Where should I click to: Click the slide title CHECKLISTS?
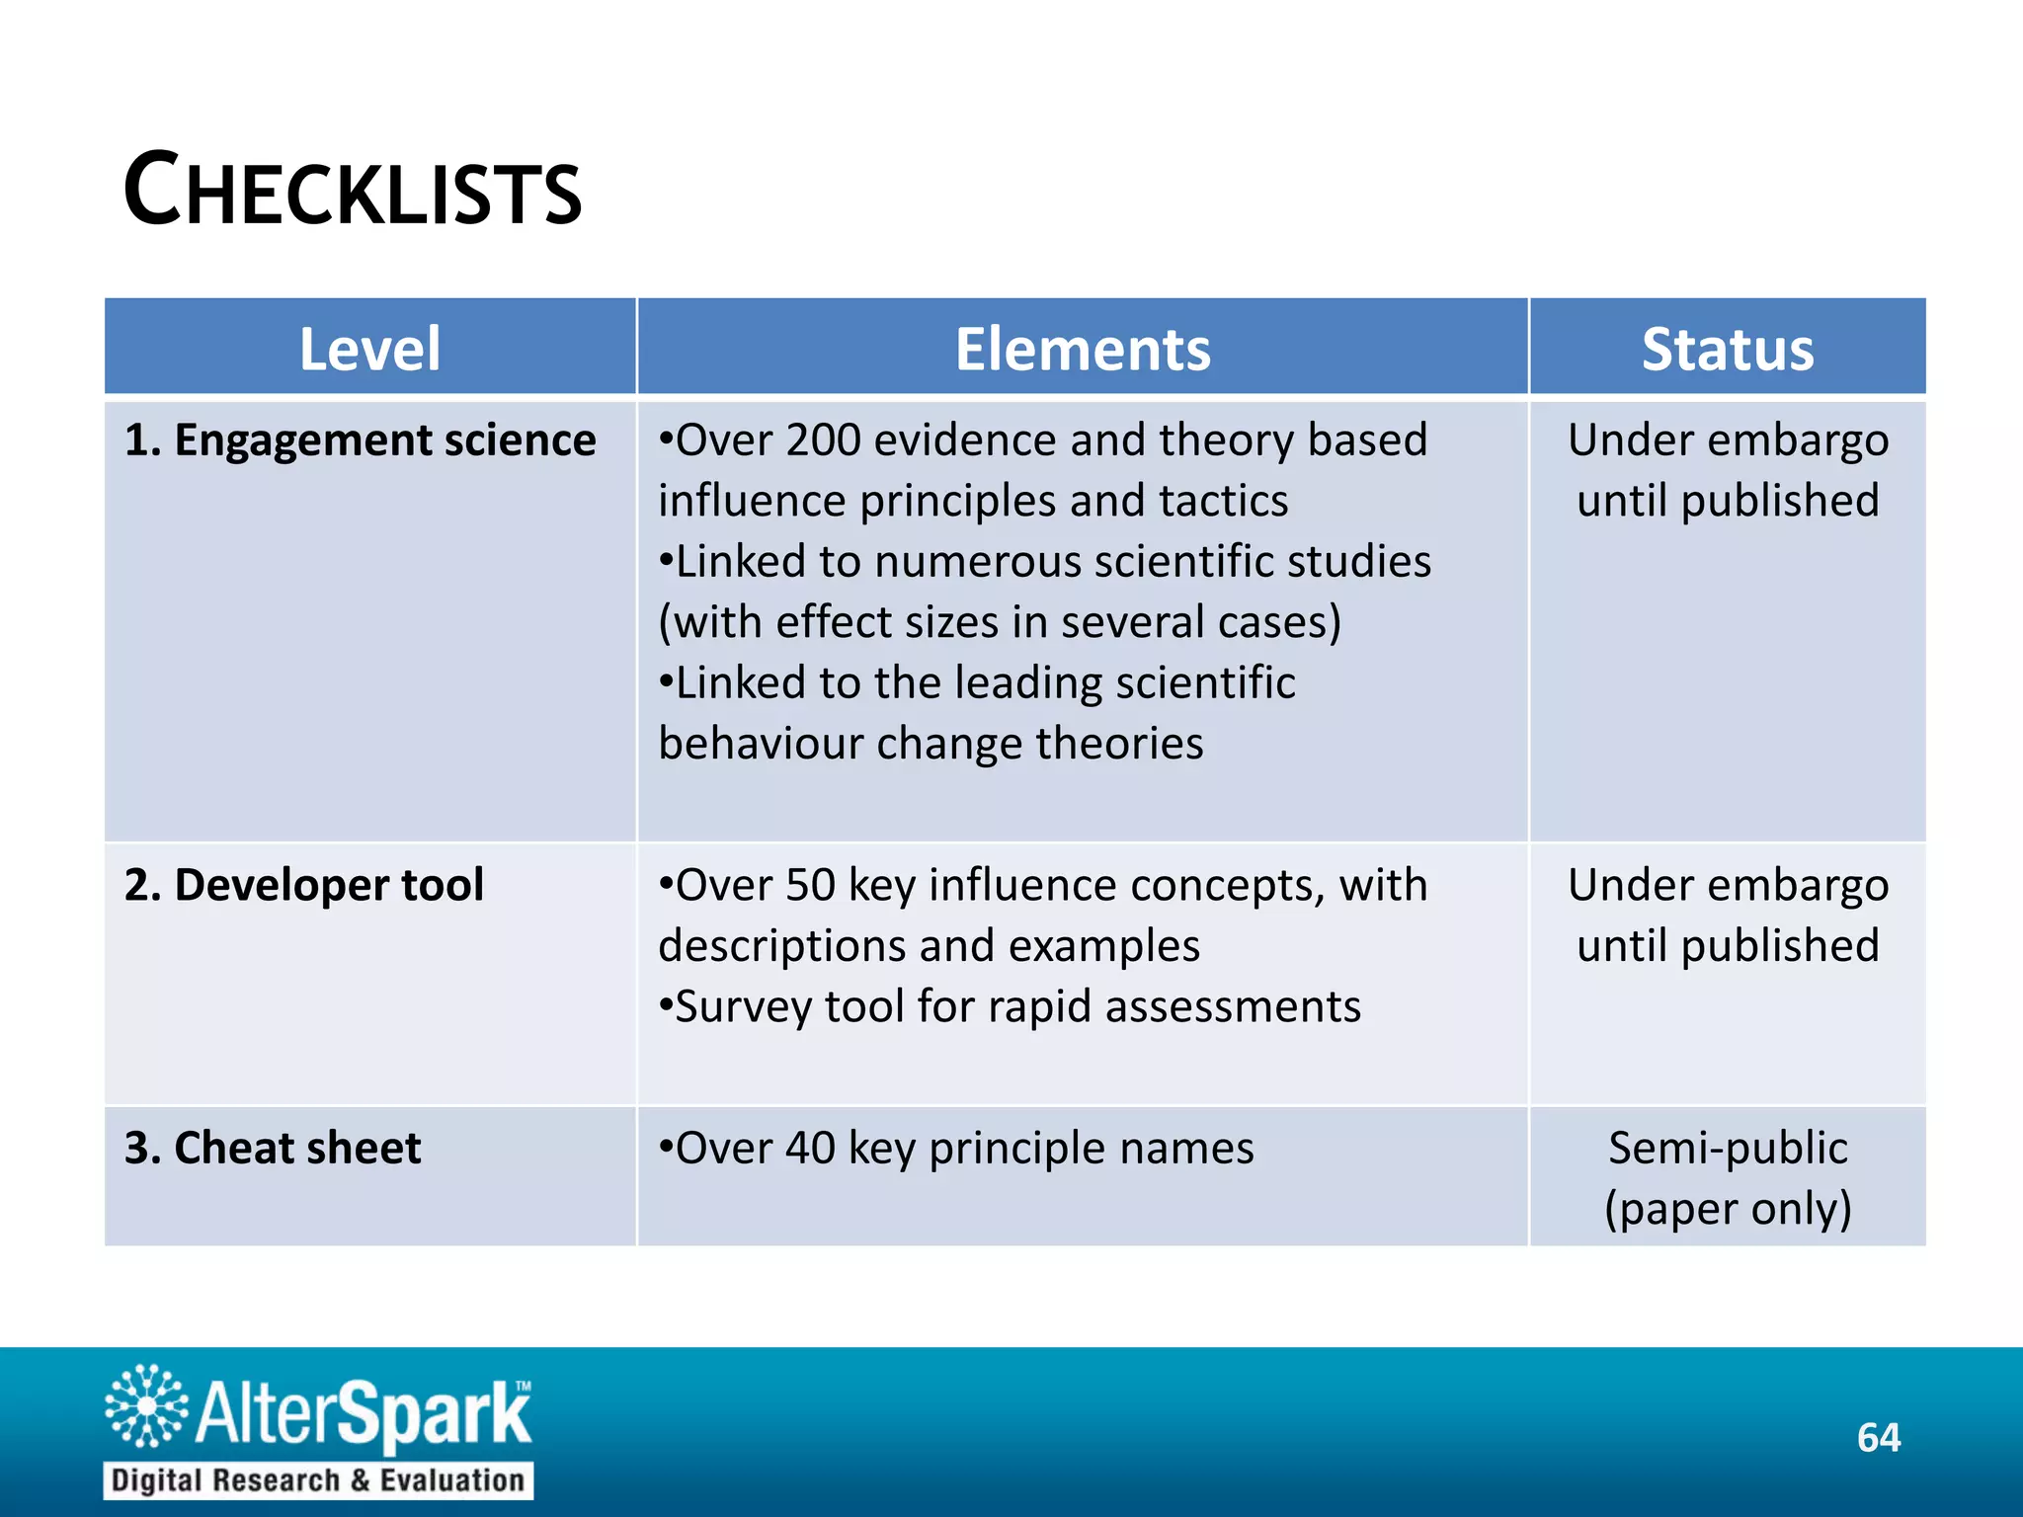[353, 191]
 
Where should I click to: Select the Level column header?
[369, 349]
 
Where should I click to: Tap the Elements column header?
[1083, 349]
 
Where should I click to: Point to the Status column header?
[1728, 349]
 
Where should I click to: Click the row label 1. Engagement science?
[360, 440]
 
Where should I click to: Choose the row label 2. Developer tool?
[303, 885]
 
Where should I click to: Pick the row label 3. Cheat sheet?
[273, 1148]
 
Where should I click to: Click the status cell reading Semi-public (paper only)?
[1728, 1177]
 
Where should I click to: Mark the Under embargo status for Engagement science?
[1728, 470]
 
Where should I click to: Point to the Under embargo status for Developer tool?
[1728, 915]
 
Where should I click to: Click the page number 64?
[1878, 1438]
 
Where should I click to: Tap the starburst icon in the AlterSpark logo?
[146, 1406]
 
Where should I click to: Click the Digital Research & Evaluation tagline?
[318, 1480]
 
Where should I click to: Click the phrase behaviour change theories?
[931, 744]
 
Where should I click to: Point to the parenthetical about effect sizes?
[1000, 622]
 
